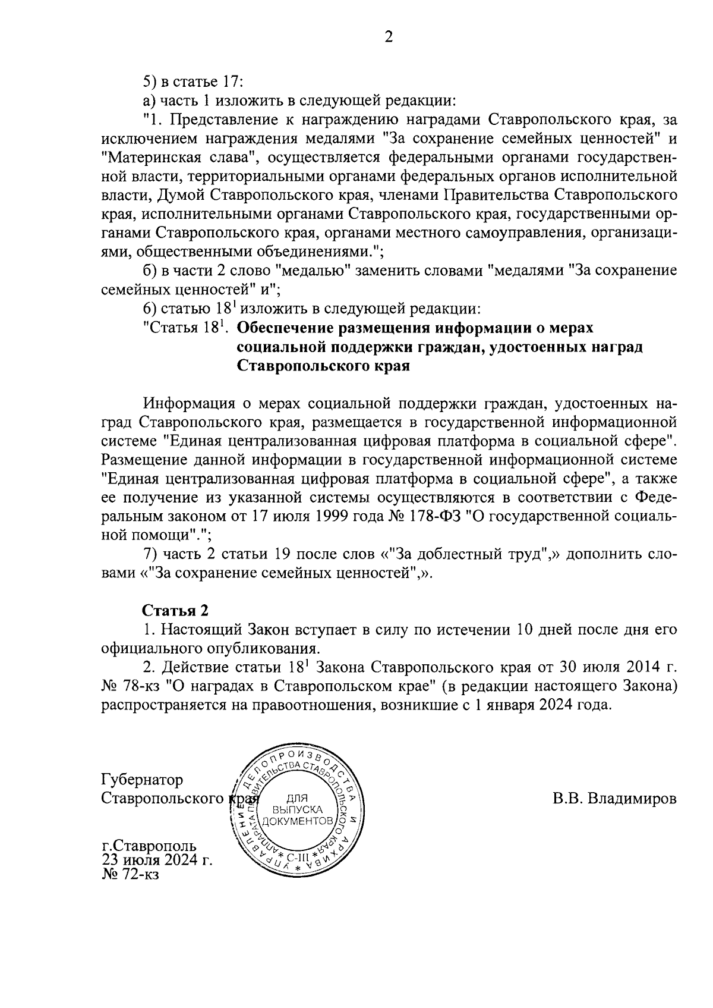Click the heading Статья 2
175,611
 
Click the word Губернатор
142,780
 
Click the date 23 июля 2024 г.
157,860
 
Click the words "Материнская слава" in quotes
178,158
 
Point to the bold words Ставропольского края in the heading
324,365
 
